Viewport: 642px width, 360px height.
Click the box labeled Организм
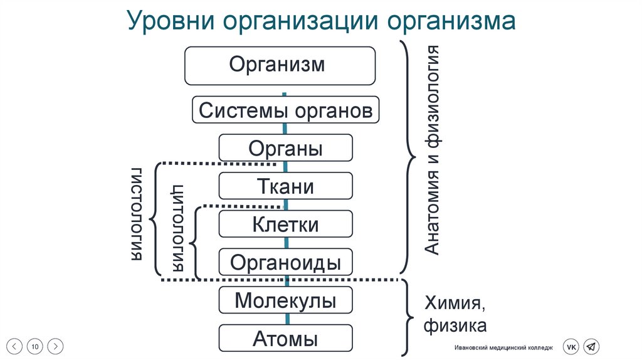pyautogui.click(x=280, y=65)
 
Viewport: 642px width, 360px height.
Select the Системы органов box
pyautogui.click(x=285, y=111)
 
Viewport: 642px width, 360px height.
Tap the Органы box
pyautogui.click(x=285, y=149)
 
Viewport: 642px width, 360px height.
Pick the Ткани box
pyautogui.click(x=285, y=186)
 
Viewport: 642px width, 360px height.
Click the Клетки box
pyautogui.click(x=285, y=225)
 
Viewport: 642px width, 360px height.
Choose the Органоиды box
pyautogui.click(x=285, y=262)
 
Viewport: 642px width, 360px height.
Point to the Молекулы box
pyautogui.click(x=285, y=300)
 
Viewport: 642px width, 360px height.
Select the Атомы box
pyautogui.click(x=285, y=339)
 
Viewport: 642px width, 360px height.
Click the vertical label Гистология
pyautogui.click(x=138, y=214)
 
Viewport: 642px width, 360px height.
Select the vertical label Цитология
pyautogui.click(x=178, y=226)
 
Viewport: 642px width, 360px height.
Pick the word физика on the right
pyautogui.click(x=455, y=326)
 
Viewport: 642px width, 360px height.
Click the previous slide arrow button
pyautogui.click(x=16, y=346)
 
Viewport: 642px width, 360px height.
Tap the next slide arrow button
pyautogui.click(x=56, y=346)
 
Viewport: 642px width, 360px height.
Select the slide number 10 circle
pyautogui.click(x=36, y=346)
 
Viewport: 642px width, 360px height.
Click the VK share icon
pyautogui.click(x=571, y=346)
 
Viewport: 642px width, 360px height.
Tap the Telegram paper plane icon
pyautogui.click(x=591, y=346)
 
